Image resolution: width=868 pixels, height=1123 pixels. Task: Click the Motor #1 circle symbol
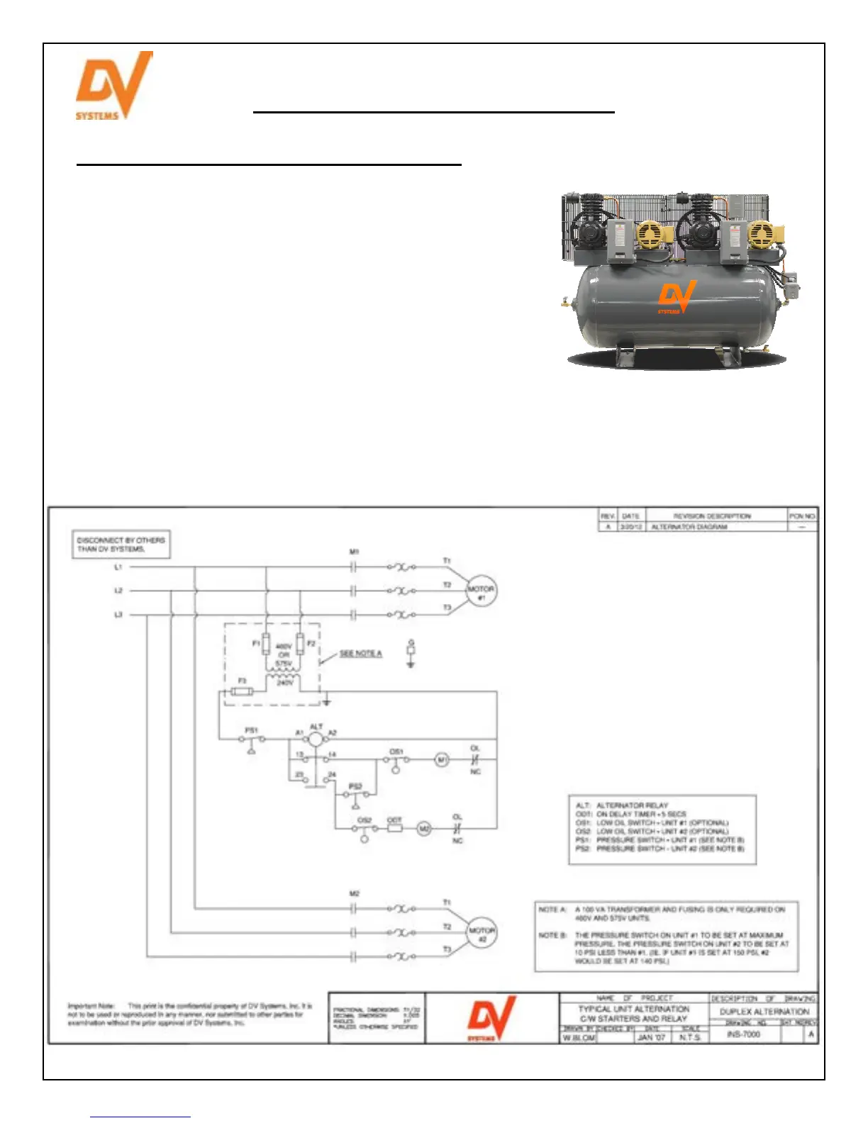click(x=481, y=591)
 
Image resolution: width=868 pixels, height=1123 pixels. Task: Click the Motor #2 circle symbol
click(x=482, y=933)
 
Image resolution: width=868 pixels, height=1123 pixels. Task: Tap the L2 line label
click(x=118, y=591)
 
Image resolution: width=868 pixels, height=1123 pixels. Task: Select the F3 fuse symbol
click(x=243, y=691)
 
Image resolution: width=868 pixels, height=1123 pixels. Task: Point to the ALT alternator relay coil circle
click(x=316, y=739)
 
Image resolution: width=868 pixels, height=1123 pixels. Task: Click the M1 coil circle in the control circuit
click(x=442, y=760)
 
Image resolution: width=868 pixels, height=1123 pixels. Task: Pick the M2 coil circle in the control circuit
click(x=424, y=828)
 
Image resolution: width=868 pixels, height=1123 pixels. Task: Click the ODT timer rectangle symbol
click(x=394, y=828)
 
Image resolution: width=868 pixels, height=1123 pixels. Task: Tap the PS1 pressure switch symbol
click(x=252, y=739)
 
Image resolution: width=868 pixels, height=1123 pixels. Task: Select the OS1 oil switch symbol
click(x=396, y=761)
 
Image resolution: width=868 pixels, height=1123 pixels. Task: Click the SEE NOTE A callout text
click(x=360, y=654)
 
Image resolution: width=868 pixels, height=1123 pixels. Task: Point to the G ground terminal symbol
click(x=411, y=653)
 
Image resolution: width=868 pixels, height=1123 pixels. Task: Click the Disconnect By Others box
click(x=121, y=544)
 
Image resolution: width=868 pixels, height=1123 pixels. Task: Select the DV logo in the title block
click(x=491, y=1017)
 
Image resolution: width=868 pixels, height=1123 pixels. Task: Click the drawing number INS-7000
click(x=743, y=1034)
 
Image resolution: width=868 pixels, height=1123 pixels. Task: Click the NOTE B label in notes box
click(x=552, y=935)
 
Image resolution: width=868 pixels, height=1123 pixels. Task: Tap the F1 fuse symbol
click(x=266, y=644)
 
